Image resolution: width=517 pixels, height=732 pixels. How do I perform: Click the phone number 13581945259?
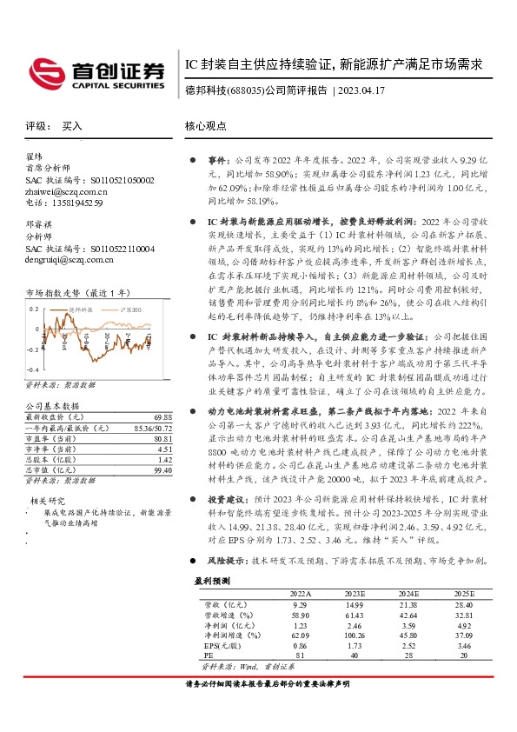click(x=76, y=203)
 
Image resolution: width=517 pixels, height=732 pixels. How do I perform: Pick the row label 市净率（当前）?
click(x=50, y=449)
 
